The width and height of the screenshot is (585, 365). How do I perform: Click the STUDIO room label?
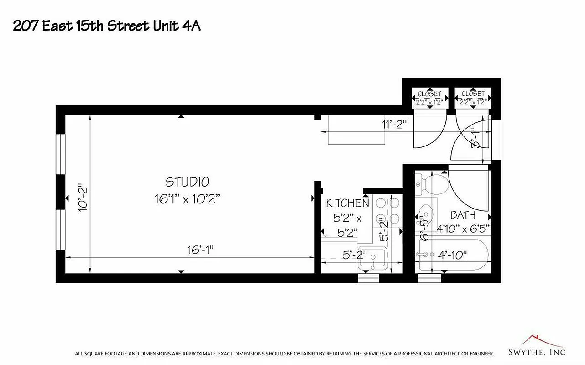tap(187, 182)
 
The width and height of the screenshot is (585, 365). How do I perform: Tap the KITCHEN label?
tap(347, 203)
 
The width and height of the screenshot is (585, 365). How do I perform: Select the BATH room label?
tap(463, 215)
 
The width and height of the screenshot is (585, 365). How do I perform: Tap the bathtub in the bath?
tap(452, 255)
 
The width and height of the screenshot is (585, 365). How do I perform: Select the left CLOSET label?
tap(429, 94)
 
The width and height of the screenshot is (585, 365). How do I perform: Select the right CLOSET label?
tap(473, 94)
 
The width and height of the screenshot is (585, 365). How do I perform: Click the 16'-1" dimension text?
tap(200, 250)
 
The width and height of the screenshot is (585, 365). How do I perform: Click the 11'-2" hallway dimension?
tap(394, 124)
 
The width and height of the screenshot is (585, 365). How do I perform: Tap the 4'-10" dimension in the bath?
tap(452, 255)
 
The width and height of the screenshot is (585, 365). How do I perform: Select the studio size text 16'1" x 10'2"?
tap(187, 199)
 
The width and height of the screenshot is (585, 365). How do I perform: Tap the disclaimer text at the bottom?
tap(284, 354)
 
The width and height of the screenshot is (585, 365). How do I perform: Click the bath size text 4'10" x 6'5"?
tap(463, 228)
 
